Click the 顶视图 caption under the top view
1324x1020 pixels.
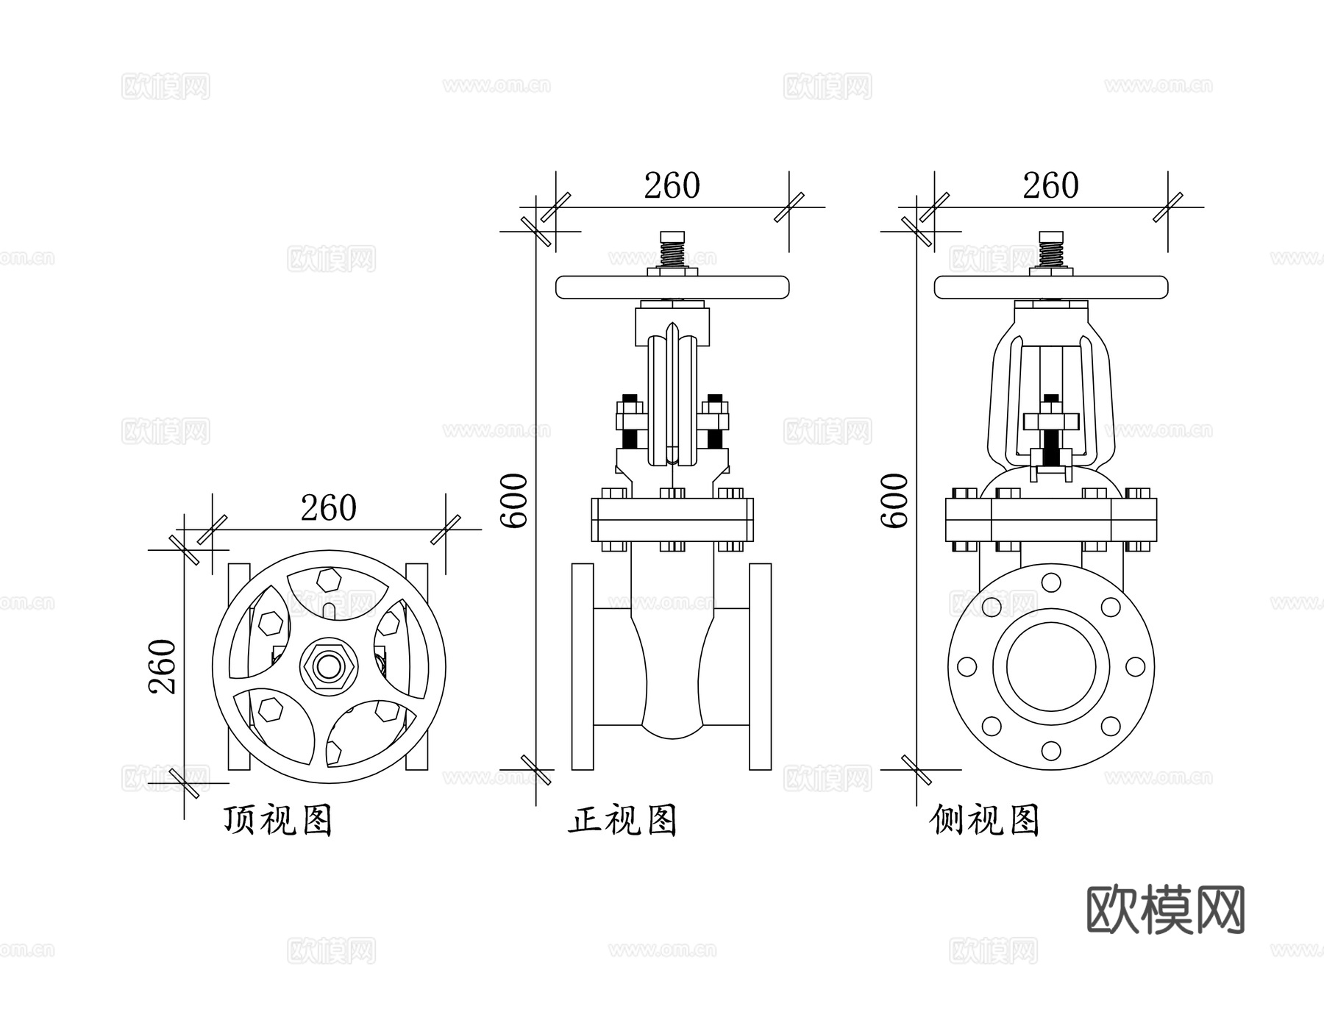278,820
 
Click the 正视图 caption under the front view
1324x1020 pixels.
622,820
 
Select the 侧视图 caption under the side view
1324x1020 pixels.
984,820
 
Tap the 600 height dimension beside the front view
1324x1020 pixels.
514,500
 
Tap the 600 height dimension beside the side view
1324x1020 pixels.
894,500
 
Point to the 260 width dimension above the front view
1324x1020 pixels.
672,185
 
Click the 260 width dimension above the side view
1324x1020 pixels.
1050,185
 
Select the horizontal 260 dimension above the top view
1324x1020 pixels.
328,507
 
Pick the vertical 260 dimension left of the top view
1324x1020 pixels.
163,666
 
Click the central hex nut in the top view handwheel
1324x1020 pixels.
329,666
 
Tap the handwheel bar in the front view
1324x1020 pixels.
672,287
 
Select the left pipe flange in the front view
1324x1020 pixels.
583,666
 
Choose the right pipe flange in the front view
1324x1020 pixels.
761,666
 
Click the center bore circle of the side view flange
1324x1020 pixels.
1051,666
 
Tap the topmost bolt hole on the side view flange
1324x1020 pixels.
1051,582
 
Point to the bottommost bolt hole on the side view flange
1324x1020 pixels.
1051,751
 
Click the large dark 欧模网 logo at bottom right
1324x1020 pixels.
1165,910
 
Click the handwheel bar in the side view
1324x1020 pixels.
1051,287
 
